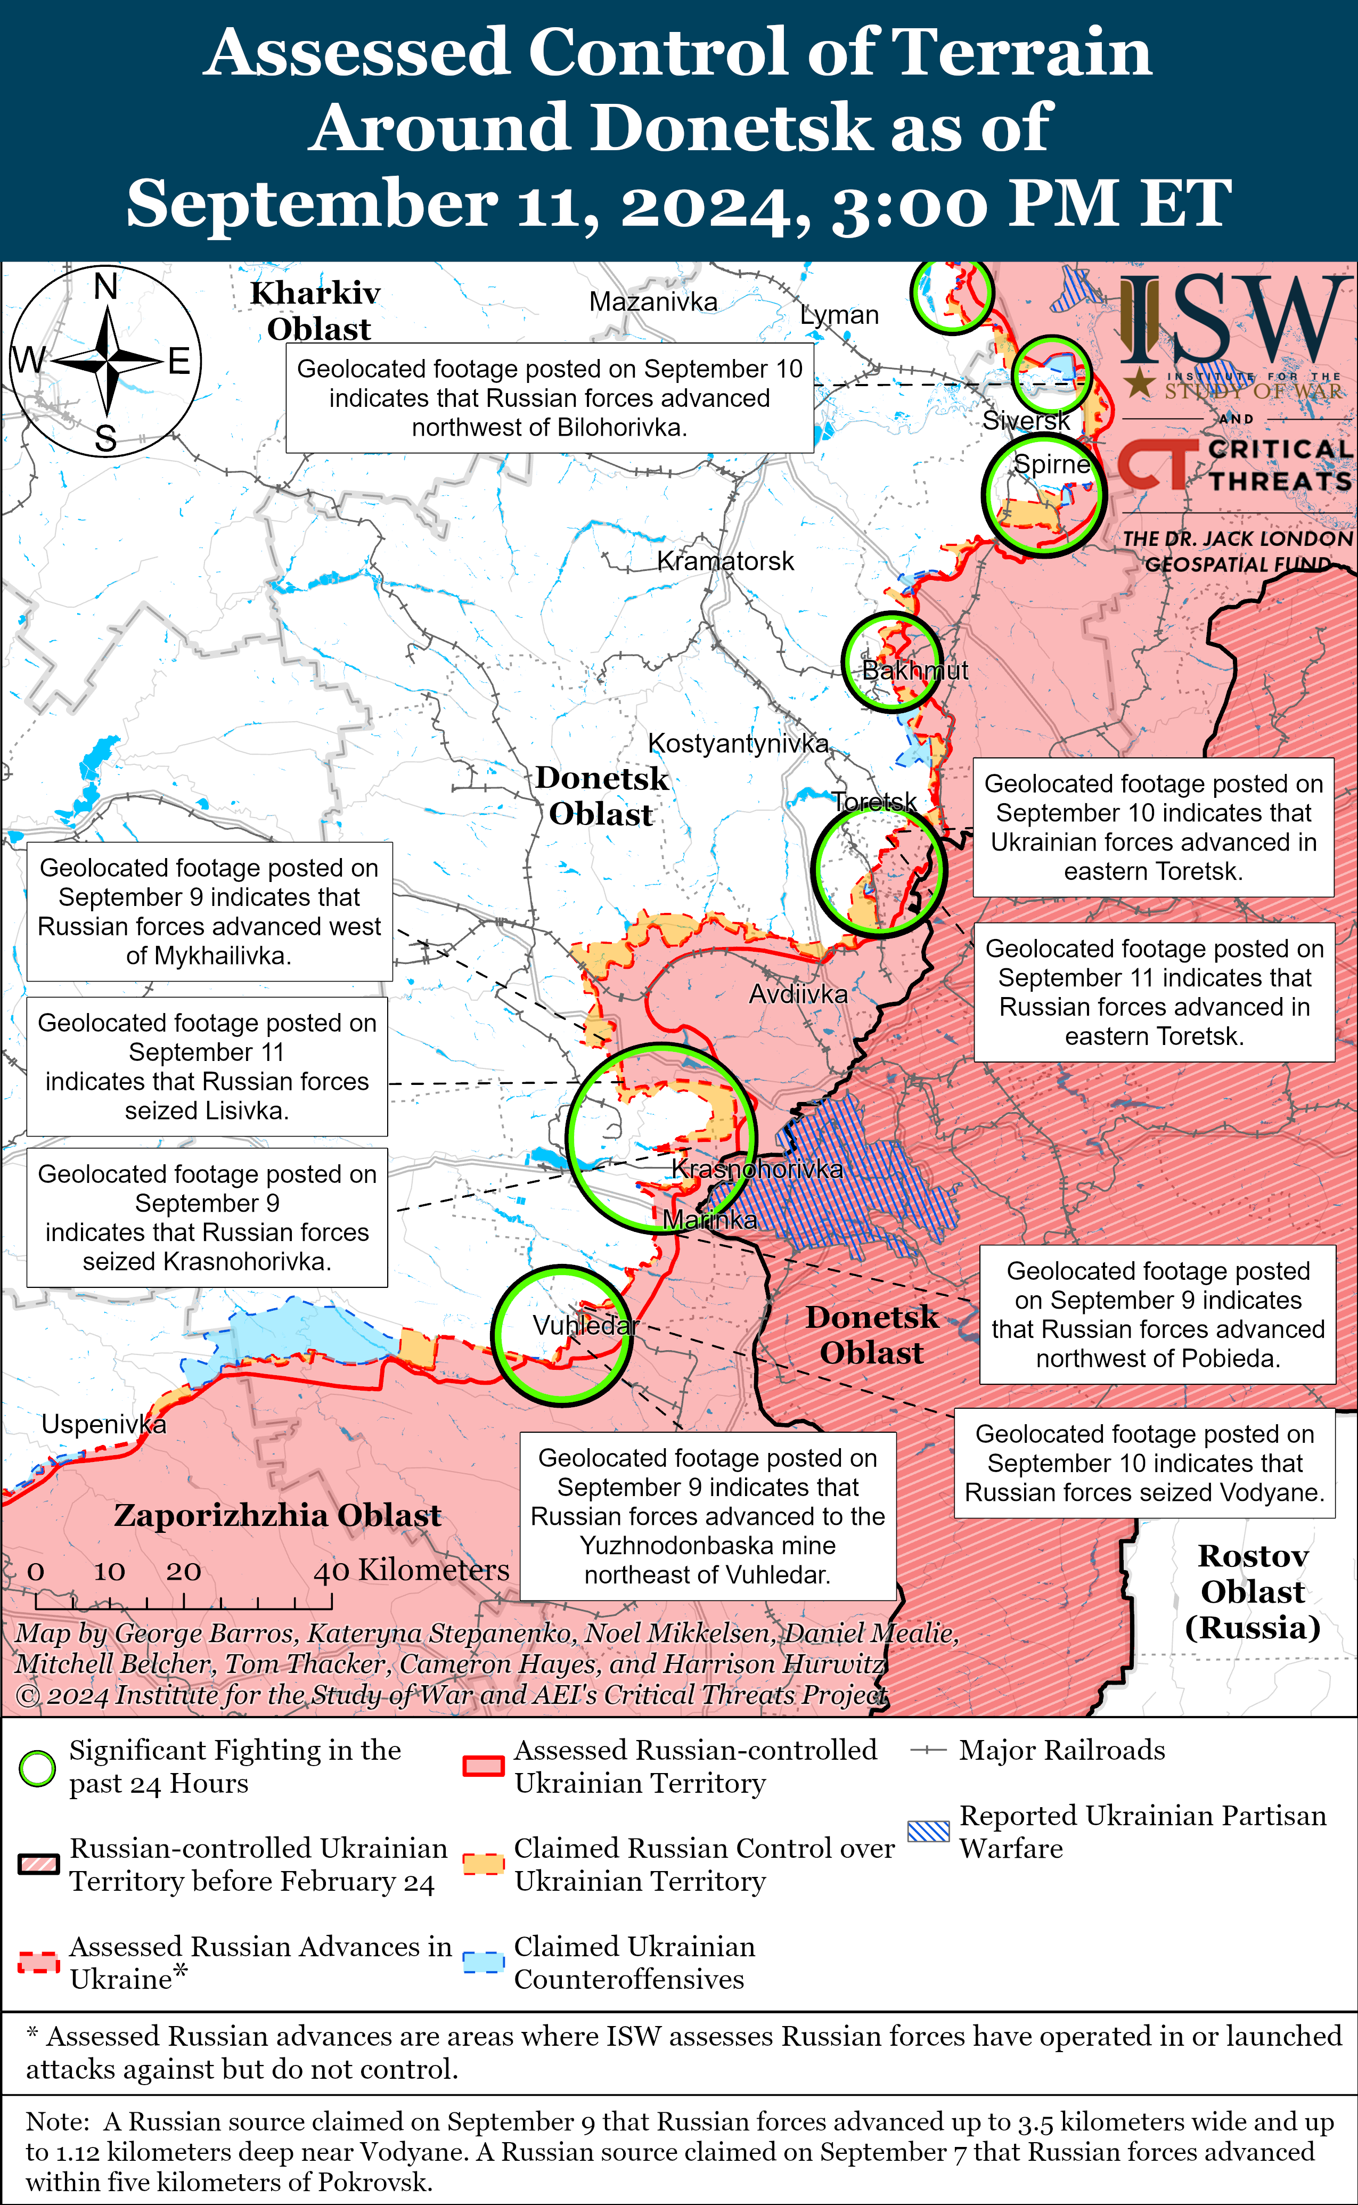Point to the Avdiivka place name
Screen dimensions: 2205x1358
[x=798, y=994]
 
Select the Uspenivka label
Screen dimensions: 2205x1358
[x=103, y=1425]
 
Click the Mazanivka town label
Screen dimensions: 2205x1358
[x=653, y=302]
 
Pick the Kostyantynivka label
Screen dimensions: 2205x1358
[x=738, y=744]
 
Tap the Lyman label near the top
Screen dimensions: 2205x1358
[x=839, y=315]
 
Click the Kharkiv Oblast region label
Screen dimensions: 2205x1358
[x=316, y=311]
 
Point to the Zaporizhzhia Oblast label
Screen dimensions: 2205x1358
[x=277, y=1516]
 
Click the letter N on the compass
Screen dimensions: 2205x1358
[x=106, y=287]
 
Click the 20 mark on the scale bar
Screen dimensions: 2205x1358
[x=183, y=1572]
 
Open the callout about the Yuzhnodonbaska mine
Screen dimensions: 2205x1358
[x=708, y=1516]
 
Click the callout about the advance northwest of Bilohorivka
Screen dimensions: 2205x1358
[x=550, y=398]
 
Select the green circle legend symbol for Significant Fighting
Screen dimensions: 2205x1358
[x=38, y=1768]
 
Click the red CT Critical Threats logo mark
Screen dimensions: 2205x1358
[x=1156, y=464]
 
